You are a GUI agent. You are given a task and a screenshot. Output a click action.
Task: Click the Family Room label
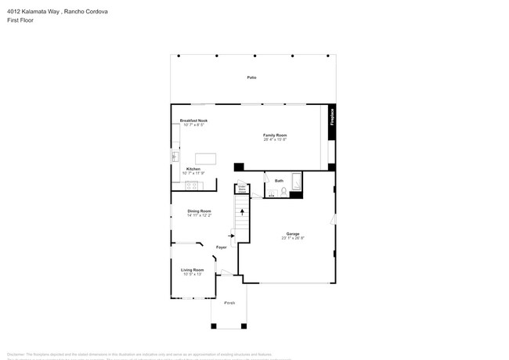pos(275,135)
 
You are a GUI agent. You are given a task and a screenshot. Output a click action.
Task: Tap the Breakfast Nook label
pos(193,121)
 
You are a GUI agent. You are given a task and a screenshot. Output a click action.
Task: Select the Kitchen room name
pos(193,168)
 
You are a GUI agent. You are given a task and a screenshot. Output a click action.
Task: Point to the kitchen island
pos(206,157)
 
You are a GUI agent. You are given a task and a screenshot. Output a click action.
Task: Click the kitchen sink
pos(175,157)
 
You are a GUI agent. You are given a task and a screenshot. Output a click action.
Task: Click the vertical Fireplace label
pos(332,117)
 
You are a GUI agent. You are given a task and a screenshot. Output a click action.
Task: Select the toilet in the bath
pos(283,191)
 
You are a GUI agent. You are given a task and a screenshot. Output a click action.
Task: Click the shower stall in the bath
pos(296,182)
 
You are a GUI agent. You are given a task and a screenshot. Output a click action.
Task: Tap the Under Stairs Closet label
pos(242,189)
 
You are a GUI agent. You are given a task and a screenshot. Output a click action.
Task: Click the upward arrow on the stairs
pos(242,211)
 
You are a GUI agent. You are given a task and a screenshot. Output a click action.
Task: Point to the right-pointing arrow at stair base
pos(232,235)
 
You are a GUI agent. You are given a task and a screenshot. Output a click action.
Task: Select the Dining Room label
pos(199,211)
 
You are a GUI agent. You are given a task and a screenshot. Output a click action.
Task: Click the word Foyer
pos(222,247)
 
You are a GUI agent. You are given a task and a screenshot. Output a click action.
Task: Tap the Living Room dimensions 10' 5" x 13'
pos(192,274)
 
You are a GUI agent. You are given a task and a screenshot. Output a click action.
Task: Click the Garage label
pos(293,233)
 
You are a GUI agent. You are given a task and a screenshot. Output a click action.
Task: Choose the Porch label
pos(229,302)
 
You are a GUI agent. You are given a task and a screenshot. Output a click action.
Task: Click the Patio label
pos(252,77)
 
